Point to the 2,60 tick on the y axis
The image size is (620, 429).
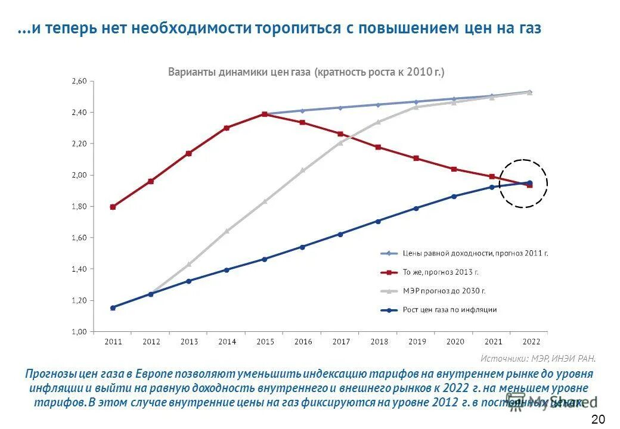tap(80, 81)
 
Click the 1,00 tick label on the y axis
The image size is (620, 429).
tap(80, 332)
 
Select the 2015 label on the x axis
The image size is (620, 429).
tap(265, 342)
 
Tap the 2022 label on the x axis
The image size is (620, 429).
tap(531, 342)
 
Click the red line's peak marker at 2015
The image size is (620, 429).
tap(265, 114)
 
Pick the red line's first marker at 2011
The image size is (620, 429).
tap(113, 207)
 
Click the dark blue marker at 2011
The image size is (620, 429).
tap(113, 307)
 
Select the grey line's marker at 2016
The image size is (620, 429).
tap(302, 170)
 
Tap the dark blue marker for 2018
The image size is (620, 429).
tap(378, 221)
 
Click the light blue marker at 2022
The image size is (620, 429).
tap(529, 92)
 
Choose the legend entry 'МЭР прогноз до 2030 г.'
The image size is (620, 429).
tap(444, 291)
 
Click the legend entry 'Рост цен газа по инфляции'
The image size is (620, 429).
tap(449, 310)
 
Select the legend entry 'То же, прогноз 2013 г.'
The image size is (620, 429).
tap(441, 272)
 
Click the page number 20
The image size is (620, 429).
tap(599, 418)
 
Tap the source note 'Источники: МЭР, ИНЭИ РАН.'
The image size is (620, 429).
tap(538, 358)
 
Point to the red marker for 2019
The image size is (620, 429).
tap(416, 158)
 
